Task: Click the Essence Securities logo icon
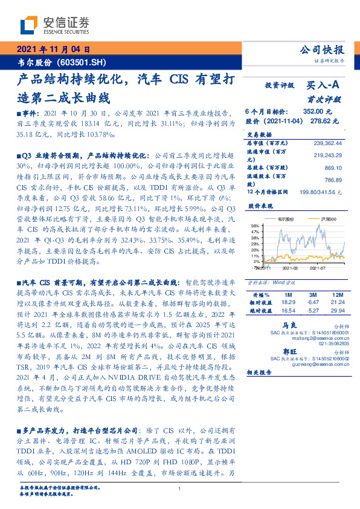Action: point(30,24)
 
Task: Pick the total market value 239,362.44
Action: point(327,143)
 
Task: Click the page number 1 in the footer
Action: point(180,488)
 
